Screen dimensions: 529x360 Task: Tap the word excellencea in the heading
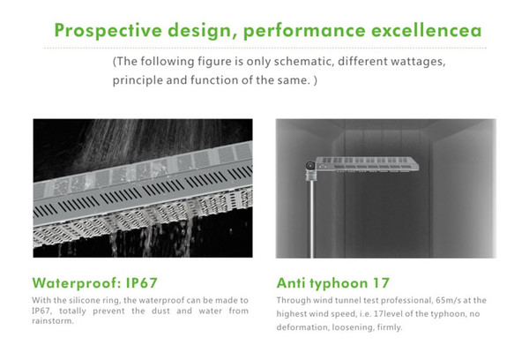pos(427,30)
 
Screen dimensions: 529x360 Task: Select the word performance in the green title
pos(304,31)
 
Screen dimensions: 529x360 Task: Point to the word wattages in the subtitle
pos(418,62)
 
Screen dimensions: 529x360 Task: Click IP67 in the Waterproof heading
pos(142,283)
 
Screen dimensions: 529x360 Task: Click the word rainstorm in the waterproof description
pos(53,321)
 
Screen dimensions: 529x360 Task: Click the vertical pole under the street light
pos(311,219)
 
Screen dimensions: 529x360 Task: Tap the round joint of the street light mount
pos(310,166)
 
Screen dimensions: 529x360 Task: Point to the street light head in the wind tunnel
pos(367,164)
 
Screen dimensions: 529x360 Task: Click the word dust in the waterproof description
pos(161,311)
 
